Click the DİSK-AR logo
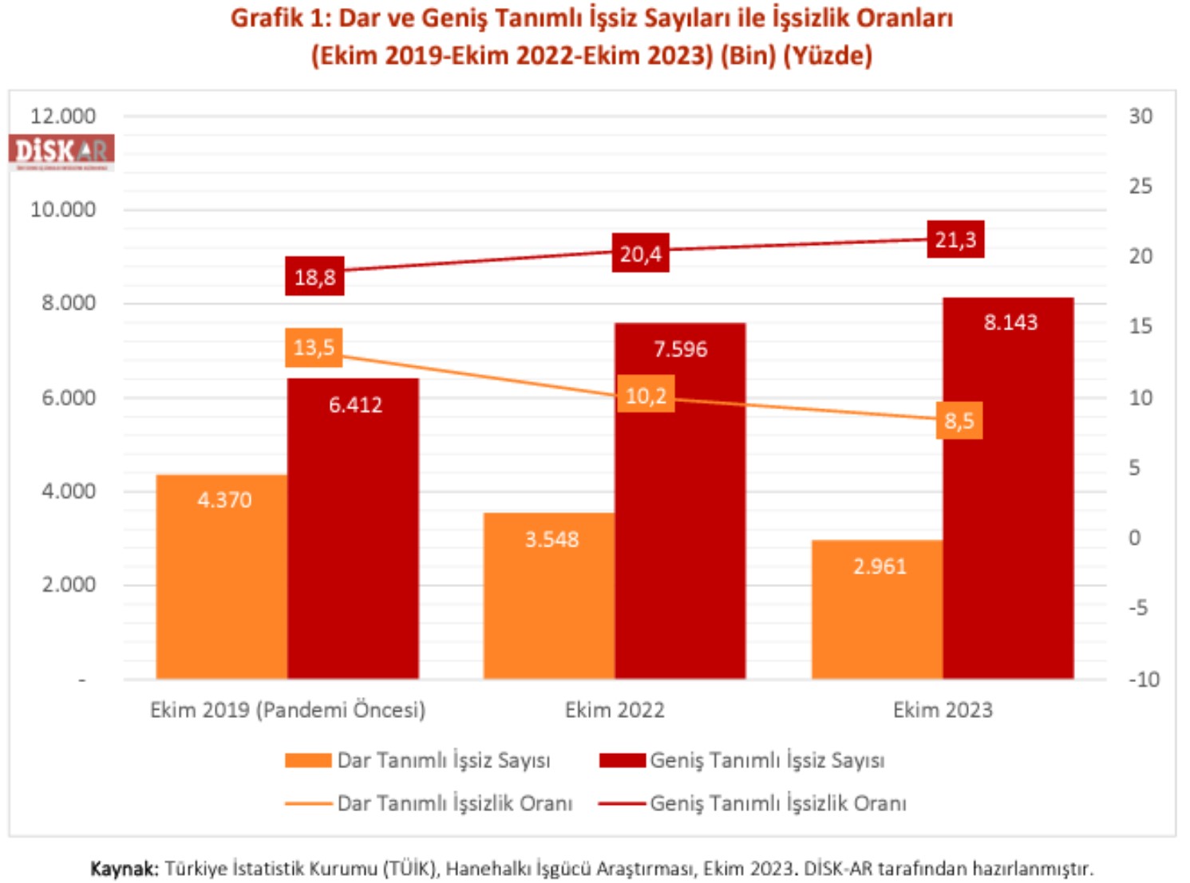pos(61,151)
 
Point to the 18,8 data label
pos(314,277)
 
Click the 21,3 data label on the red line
pos(955,239)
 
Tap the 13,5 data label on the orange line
pos(314,348)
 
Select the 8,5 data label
pos(959,420)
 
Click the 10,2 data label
pos(645,395)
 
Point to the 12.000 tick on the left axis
pos(63,116)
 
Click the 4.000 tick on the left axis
pos(69,491)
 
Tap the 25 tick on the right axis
pos(1140,186)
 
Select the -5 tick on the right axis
pos(1138,608)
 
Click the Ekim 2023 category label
pos(942,709)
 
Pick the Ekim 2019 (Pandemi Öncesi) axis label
pos(287,709)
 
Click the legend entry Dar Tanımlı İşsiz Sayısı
pos(443,760)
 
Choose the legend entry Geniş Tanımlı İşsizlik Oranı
pos(777,803)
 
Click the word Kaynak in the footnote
pos(124,868)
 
